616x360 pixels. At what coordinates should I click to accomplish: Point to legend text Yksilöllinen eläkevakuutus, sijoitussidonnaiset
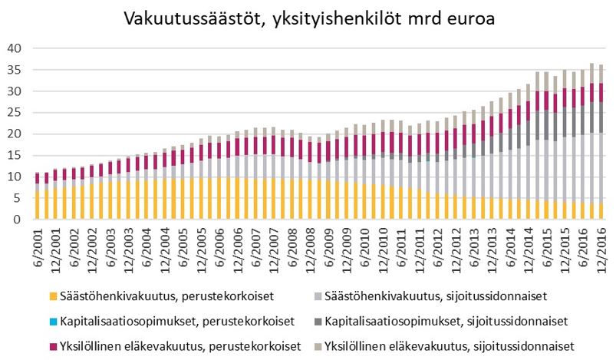[x=448, y=345]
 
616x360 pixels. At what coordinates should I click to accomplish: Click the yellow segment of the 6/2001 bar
[x=37, y=205]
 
